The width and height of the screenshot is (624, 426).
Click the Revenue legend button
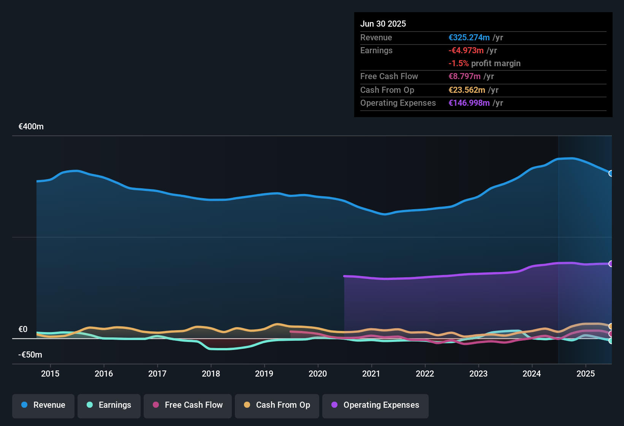click(x=43, y=405)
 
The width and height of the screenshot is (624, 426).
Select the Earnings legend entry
click(x=109, y=405)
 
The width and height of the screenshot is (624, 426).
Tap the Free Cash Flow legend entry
click(x=188, y=405)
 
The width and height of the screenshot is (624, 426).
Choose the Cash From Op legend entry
click(x=277, y=405)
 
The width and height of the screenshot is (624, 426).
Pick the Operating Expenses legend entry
click(x=375, y=405)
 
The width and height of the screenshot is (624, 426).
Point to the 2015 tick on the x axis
click(x=50, y=374)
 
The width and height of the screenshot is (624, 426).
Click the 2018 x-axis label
click(x=211, y=374)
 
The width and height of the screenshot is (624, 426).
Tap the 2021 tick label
click(x=371, y=374)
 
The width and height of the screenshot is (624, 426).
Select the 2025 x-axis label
click(x=586, y=374)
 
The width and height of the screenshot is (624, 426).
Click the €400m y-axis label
click(x=31, y=127)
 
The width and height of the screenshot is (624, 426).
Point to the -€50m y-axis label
click(x=30, y=355)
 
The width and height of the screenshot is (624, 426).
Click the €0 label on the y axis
click(x=23, y=329)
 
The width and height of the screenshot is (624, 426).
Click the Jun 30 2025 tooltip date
click(x=383, y=24)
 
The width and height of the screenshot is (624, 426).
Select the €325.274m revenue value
click(x=469, y=38)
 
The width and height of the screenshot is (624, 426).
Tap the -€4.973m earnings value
click(x=466, y=51)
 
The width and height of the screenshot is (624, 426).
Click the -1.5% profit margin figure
click(x=459, y=64)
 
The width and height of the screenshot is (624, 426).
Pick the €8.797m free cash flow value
click(x=464, y=76)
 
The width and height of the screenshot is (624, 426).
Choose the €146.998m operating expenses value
click(x=469, y=103)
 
